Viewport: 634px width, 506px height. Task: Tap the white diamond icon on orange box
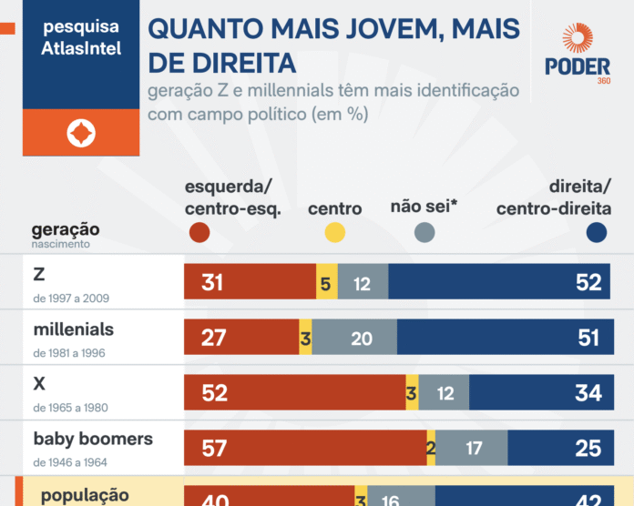pyautogui.click(x=81, y=134)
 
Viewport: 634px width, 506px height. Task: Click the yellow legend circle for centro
pyautogui.click(x=334, y=233)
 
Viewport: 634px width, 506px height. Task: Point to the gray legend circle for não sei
pyautogui.click(x=424, y=233)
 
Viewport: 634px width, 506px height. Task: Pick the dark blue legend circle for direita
pyautogui.click(x=598, y=233)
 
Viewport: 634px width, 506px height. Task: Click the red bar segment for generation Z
pyautogui.click(x=250, y=283)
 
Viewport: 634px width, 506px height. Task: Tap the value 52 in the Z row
pyautogui.click(x=588, y=283)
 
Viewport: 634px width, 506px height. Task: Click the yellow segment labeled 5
pyautogui.click(x=326, y=283)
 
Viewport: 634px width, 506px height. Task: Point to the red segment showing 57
pyautogui.click(x=304, y=448)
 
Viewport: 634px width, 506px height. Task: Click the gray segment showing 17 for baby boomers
pyautogui.click(x=472, y=448)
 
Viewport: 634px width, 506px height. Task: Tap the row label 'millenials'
pyautogui.click(x=74, y=329)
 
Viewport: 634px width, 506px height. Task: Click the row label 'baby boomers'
pyautogui.click(x=93, y=440)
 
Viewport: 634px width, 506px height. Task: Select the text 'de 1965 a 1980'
pyautogui.click(x=70, y=408)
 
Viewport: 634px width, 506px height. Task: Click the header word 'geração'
pyautogui.click(x=66, y=229)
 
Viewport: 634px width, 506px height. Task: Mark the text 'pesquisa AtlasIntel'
pyautogui.click(x=81, y=38)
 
